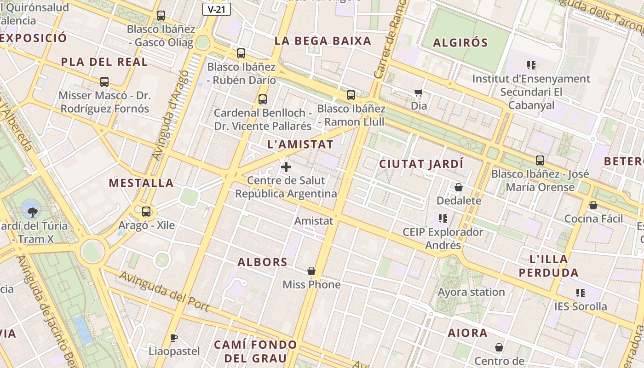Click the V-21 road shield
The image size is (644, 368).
coord(216,9)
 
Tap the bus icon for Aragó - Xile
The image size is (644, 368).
coord(146,212)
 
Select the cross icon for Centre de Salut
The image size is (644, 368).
coord(286,167)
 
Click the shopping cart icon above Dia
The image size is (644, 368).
coord(419,93)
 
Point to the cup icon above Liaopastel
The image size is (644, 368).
coord(173,338)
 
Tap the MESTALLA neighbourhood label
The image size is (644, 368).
coord(141,183)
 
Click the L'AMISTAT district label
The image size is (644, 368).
coord(300,144)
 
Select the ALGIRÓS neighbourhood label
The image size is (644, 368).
coord(460,43)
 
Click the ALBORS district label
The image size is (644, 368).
coord(263,263)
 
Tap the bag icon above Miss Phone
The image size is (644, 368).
coord(311,271)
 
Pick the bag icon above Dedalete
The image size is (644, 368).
coord(459,187)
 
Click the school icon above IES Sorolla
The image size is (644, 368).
coord(580,293)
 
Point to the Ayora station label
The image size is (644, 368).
coord(471,292)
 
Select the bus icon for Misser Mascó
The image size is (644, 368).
coord(104,82)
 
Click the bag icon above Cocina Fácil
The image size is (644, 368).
coord(593,205)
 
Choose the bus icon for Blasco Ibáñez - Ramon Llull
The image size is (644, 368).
coord(351,95)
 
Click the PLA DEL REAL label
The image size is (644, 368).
coord(104,62)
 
